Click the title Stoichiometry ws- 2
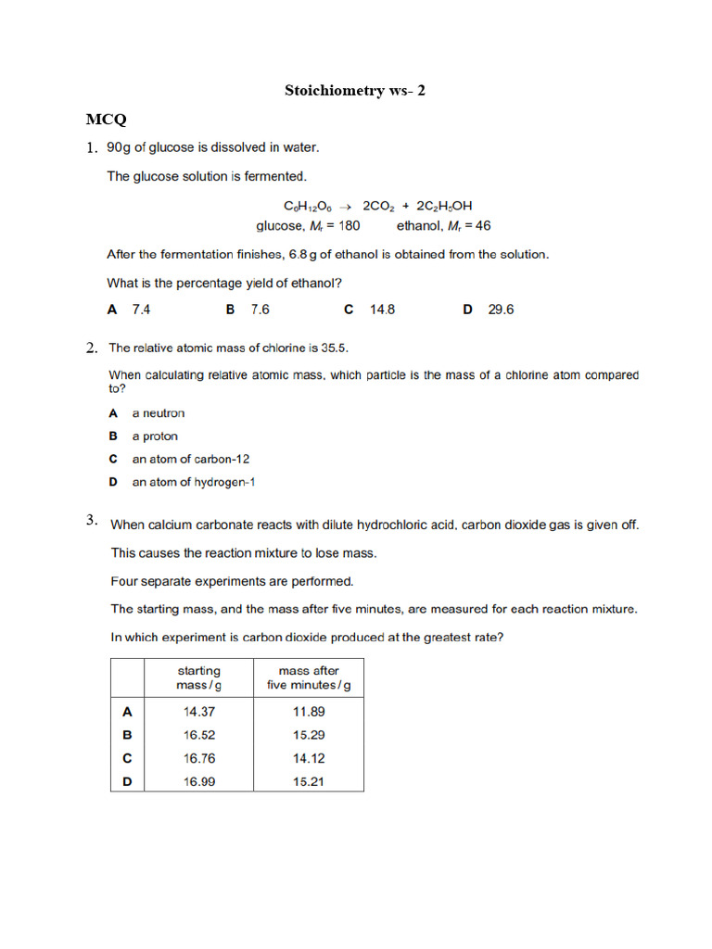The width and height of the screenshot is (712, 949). pos(356,90)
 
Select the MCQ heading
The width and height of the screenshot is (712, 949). pos(107,120)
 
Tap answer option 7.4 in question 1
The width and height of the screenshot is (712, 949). pos(141,310)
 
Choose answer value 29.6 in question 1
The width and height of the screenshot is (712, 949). pos(501,310)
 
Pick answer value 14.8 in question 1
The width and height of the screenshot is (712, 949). pos(382,310)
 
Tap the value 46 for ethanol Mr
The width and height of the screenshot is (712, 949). pos(482,225)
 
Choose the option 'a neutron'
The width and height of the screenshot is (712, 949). pos(158,413)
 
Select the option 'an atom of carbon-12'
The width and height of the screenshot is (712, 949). pos(190,459)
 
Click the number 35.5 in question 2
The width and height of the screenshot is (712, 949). pos(334,348)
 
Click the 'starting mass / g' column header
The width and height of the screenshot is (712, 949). pos(198,677)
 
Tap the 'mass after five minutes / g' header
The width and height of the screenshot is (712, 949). pos(309,677)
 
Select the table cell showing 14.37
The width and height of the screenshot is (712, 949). pos(198,712)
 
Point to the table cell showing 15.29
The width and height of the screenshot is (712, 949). pos(309,734)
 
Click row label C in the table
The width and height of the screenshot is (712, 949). pos(127,758)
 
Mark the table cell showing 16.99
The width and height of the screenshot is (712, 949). pos(198,781)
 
